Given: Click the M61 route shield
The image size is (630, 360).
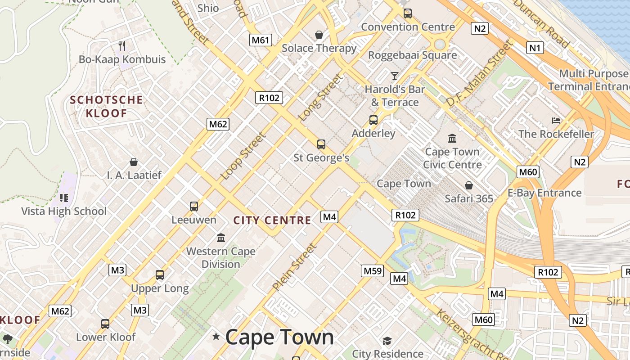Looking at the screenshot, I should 261,40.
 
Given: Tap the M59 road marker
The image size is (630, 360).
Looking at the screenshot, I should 373,270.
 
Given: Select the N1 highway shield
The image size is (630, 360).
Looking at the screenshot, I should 535,47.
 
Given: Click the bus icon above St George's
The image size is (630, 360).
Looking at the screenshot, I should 321,144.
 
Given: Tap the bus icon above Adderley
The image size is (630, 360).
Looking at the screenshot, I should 373,120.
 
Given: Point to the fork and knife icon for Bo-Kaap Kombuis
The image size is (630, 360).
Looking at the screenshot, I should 122,45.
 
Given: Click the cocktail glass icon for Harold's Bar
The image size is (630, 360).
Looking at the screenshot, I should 395,76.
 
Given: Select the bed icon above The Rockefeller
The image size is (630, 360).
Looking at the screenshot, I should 556,121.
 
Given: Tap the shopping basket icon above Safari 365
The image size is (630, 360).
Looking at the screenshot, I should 469,185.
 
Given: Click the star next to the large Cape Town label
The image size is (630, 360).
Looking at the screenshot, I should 216,336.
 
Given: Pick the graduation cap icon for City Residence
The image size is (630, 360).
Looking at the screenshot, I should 387,341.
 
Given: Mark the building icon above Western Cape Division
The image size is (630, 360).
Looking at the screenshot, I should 221,238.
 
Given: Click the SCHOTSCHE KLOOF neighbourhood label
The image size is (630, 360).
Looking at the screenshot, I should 107,107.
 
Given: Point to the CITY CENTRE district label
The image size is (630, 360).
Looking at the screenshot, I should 272,220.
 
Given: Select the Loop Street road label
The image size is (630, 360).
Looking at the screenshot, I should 243,156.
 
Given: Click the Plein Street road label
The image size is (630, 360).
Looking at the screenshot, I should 295,267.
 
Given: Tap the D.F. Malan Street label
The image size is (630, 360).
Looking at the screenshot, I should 479,74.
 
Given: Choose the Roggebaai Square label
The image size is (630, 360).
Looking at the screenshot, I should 413,55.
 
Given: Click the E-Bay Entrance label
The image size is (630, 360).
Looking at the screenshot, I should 544,193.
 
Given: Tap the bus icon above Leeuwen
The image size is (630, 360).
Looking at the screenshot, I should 194,207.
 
